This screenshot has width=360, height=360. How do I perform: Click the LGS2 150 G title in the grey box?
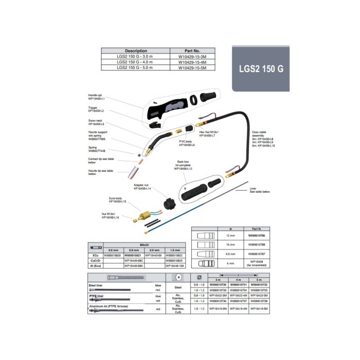[x=261, y=68]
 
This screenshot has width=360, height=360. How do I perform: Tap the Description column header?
[x=136, y=51]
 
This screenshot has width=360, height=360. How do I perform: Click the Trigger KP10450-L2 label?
[x=96, y=110]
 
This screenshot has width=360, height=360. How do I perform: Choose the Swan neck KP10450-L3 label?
[x=96, y=122]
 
